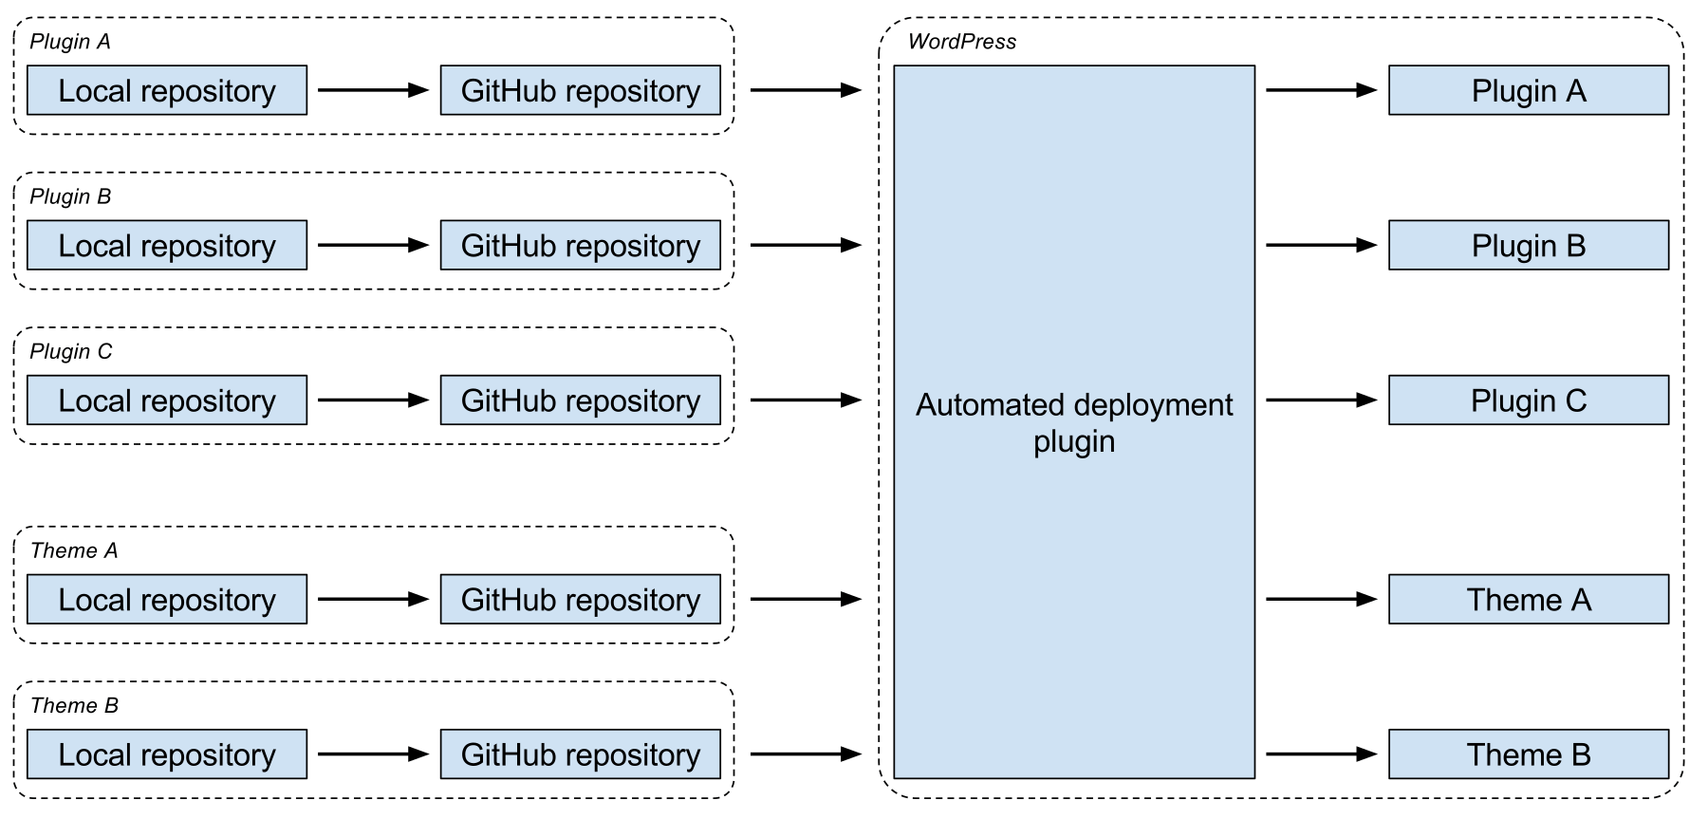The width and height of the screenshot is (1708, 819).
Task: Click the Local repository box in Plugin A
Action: pos(167,90)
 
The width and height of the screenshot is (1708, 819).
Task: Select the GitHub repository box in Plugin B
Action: pos(581,245)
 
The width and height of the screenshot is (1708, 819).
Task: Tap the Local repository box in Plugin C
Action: pos(167,400)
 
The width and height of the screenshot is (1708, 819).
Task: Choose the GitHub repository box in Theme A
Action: pos(581,599)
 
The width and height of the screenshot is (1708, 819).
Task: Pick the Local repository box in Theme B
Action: pos(167,754)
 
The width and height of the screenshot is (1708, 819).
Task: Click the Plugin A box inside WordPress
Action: pos(1529,90)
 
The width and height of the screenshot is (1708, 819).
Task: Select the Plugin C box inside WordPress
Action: pos(1529,400)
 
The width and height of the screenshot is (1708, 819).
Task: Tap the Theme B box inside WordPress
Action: pos(1529,754)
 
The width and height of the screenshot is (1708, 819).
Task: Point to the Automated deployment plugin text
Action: pos(1074,422)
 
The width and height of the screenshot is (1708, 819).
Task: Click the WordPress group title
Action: pos(962,42)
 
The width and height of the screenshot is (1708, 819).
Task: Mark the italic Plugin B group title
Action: pos(70,196)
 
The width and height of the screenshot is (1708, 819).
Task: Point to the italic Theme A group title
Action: pos(74,550)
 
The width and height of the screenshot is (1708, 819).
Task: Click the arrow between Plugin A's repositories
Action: pos(374,90)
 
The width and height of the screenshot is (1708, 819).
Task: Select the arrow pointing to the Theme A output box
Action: pos(1322,599)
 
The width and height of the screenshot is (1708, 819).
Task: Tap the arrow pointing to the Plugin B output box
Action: pos(1322,245)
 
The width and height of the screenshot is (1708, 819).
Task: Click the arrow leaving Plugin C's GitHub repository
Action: pos(807,400)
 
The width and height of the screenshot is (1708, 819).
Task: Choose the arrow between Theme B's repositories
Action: pos(374,754)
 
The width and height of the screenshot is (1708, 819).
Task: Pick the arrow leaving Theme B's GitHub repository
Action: pos(807,754)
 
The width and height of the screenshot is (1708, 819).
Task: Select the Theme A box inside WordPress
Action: pos(1529,599)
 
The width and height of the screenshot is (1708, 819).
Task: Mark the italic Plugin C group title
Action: pos(71,351)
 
